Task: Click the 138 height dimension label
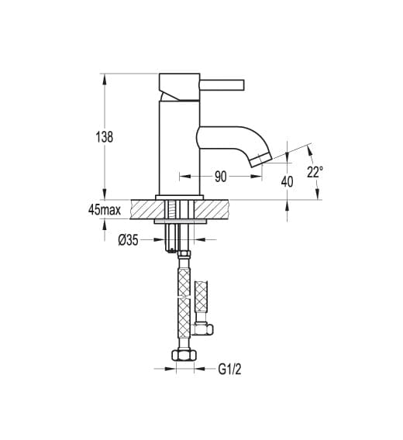coord(105,137)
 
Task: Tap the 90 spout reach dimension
coord(220,177)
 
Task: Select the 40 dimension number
coord(287,182)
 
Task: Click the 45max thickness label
coord(104,210)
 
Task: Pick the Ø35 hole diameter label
coord(128,240)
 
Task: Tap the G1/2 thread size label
coord(229,370)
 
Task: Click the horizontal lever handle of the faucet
coord(222,85)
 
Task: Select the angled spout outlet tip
coord(260,160)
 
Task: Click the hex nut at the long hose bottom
coord(184,356)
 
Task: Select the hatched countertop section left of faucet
coord(147,209)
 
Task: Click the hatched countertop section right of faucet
coord(212,209)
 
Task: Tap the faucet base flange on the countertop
coord(180,198)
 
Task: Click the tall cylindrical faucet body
coord(180,148)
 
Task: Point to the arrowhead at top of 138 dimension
coord(105,79)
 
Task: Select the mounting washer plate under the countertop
coord(180,222)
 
